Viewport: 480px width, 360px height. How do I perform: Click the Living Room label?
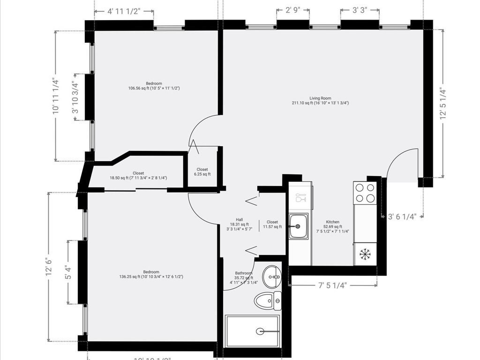(320, 101)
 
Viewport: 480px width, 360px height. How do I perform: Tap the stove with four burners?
(365, 192)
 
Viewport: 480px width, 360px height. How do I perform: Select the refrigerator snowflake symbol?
(365, 254)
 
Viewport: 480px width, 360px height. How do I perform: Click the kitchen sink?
(298, 226)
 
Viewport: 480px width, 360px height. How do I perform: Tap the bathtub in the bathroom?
(252, 331)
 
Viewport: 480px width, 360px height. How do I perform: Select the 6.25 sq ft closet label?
(202, 172)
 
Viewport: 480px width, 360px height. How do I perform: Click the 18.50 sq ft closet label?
(138, 175)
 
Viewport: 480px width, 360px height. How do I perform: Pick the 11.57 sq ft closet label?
(272, 224)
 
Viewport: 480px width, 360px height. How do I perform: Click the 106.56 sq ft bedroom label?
(154, 86)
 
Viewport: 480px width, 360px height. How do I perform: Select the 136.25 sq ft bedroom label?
(151, 274)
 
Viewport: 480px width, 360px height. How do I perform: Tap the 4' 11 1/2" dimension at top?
(124, 10)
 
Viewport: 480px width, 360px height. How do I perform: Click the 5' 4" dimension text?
(68, 272)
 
